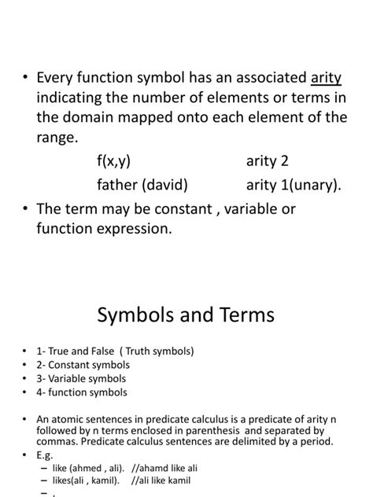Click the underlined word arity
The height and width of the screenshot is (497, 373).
[x=326, y=78]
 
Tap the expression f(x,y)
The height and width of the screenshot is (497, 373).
[x=114, y=160]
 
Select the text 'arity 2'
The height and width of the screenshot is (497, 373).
[x=268, y=160]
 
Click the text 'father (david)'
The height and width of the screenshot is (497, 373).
[x=142, y=186]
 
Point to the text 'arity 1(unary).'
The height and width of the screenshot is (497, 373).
[x=294, y=186]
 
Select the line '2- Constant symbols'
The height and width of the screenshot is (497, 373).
[x=83, y=365]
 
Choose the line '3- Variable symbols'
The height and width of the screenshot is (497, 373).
[x=82, y=378]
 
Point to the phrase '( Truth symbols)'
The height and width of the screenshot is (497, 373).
[x=157, y=351]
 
